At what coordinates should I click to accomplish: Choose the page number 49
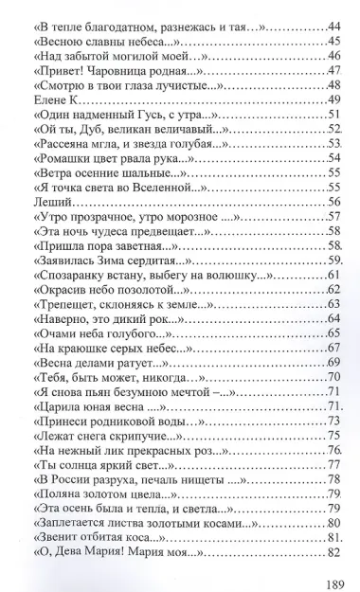pos(333,99)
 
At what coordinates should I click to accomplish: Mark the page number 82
pos(333,553)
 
